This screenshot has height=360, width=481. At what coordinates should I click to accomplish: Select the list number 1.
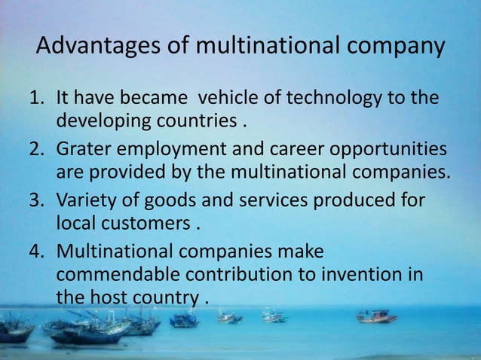[35, 99]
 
